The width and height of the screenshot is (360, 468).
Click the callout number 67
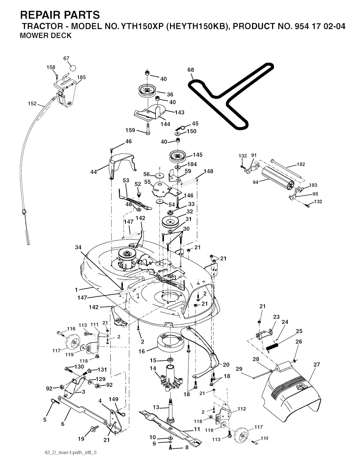66,59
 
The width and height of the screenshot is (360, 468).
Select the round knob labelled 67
72,67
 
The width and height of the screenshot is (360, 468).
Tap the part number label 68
191,70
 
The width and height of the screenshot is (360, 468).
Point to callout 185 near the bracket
81,77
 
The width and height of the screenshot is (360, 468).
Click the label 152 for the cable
32,103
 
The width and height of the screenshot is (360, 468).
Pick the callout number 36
170,95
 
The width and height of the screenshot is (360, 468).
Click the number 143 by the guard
180,112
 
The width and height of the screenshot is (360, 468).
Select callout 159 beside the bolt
130,130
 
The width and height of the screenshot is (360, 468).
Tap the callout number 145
198,155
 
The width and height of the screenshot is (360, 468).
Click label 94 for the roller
256,182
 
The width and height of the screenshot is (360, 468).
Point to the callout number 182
301,164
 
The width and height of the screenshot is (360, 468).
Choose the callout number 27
317,364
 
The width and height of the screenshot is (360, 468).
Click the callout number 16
142,351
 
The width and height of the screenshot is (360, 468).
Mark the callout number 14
153,368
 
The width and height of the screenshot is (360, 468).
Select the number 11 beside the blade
197,429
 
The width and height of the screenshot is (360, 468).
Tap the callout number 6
63,424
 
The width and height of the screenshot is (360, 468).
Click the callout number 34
78,247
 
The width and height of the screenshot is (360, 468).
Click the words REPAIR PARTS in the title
60,15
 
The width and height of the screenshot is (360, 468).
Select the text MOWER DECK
46,35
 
